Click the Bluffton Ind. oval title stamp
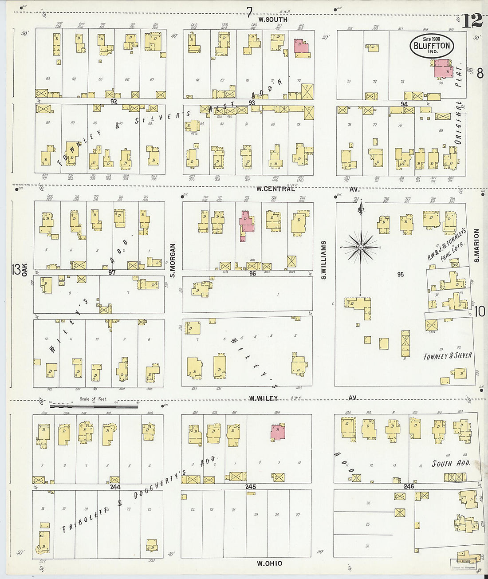(x=432, y=45)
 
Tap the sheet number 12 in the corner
(x=472, y=20)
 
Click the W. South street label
(x=273, y=20)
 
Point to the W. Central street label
(x=275, y=189)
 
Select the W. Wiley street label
(x=263, y=398)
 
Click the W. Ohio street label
(x=269, y=563)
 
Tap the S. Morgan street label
(x=173, y=261)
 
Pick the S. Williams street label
(x=324, y=260)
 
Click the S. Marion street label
(x=477, y=245)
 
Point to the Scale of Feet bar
(x=93, y=406)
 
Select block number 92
(x=114, y=101)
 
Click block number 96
(x=252, y=274)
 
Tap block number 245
(x=251, y=487)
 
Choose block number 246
(x=409, y=486)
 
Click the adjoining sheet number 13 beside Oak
(x=16, y=268)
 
